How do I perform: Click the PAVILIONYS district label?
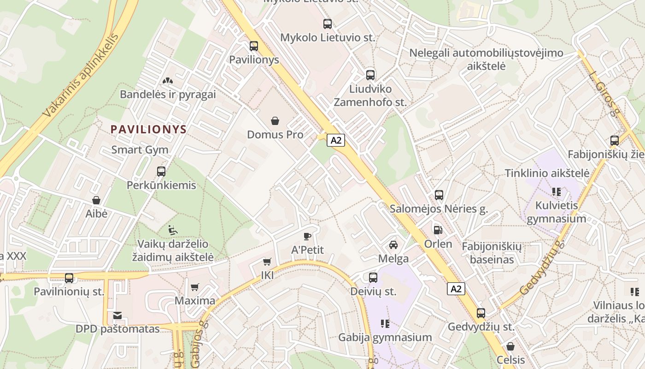(x=148, y=129)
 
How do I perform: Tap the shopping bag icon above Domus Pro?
(x=275, y=121)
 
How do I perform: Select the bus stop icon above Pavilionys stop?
(x=254, y=46)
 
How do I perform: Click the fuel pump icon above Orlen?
(x=438, y=230)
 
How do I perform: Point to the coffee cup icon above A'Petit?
(x=307, y=237)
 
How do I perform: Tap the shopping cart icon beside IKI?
(x=267, y=262)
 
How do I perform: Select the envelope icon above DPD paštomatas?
(x=117, y=316)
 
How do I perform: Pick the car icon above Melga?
(x=393, y=245)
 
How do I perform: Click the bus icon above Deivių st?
(x=373, y=278)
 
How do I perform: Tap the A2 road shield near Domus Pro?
(x=336, y=140)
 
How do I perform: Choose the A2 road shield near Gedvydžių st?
(x=456, y=289)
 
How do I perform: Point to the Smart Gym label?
(x=140, y=150)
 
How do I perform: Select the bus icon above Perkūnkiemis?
(x=161, y=172)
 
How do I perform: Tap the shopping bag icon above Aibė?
(x=96, y=200)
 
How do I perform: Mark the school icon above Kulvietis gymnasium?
(x=557, y=191)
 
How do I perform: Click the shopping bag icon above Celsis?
(x=510, y=346)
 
